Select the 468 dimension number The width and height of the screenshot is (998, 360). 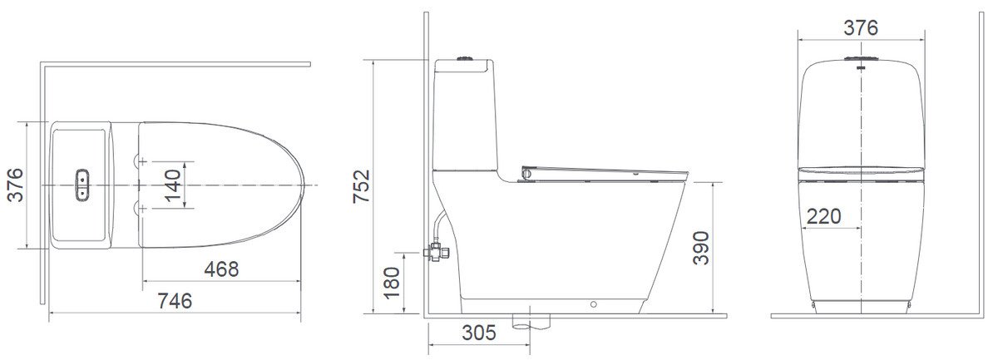coord(221,269)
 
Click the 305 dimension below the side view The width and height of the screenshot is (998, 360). coord(478,333)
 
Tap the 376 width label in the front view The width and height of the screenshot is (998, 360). coord(860,27)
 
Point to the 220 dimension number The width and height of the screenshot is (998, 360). coord(823,216)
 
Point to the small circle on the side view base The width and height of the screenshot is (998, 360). coord(593,304)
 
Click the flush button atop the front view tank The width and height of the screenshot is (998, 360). coord(861,60)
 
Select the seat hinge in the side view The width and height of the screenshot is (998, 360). coord(526,173)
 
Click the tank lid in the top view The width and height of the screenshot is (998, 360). coord(82,185)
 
